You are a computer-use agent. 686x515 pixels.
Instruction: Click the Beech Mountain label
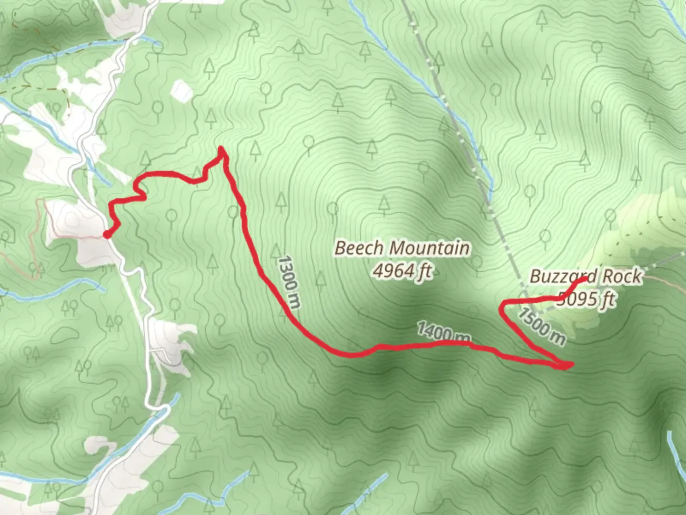click(402, 248)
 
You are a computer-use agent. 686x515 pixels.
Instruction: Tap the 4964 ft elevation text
click(402, 271)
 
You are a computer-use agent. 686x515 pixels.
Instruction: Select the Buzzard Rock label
click(585, 277)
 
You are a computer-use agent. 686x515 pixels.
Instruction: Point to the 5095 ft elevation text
click(587, 299)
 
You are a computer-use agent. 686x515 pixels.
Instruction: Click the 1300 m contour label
click(288, 282)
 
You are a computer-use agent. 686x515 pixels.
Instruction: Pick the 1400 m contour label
click(444, 332)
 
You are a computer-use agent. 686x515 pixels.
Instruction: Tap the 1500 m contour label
click(542, 327)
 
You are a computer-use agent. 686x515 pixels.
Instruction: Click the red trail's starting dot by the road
click(108, 234)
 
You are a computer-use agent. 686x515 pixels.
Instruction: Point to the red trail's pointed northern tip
click(222, 149)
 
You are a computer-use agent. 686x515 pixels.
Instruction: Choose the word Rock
click(622, 277)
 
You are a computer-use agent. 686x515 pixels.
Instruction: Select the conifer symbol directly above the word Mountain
click(384, 205)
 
